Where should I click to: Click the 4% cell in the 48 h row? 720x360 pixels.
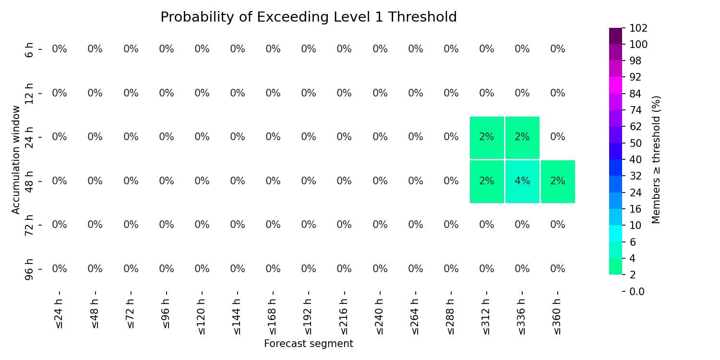coord(522,181)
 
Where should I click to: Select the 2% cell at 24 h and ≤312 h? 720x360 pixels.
coord(487,138)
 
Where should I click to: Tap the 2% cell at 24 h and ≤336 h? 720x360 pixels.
coord(522,138)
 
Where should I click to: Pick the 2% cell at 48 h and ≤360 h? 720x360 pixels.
coord(558,181)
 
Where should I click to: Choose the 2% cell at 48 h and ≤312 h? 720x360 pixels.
coord(487,181)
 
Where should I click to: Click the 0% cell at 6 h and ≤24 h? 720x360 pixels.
coord(60,49)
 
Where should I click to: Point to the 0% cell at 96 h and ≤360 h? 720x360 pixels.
coord(558,269)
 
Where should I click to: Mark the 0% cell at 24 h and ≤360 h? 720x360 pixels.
coord(558,137)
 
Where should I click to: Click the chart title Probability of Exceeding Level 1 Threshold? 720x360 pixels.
coord(309,17)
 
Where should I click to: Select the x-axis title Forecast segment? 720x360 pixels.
coord(309,344)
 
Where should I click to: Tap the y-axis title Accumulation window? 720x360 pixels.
coord(15,160)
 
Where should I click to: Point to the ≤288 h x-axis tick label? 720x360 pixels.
coord(451,317)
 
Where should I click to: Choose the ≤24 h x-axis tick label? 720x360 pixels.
coord(60,314)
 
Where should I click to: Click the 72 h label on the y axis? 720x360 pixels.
coord(29,225)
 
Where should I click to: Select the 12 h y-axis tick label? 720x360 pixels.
coord(29,94)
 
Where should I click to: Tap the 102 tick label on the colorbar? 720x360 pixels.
coord(638,28)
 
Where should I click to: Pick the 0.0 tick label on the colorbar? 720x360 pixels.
coord(637,291)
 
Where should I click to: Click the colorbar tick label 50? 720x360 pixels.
coord(636,144)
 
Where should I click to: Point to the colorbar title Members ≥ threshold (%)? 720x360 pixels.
coord(656,160)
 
